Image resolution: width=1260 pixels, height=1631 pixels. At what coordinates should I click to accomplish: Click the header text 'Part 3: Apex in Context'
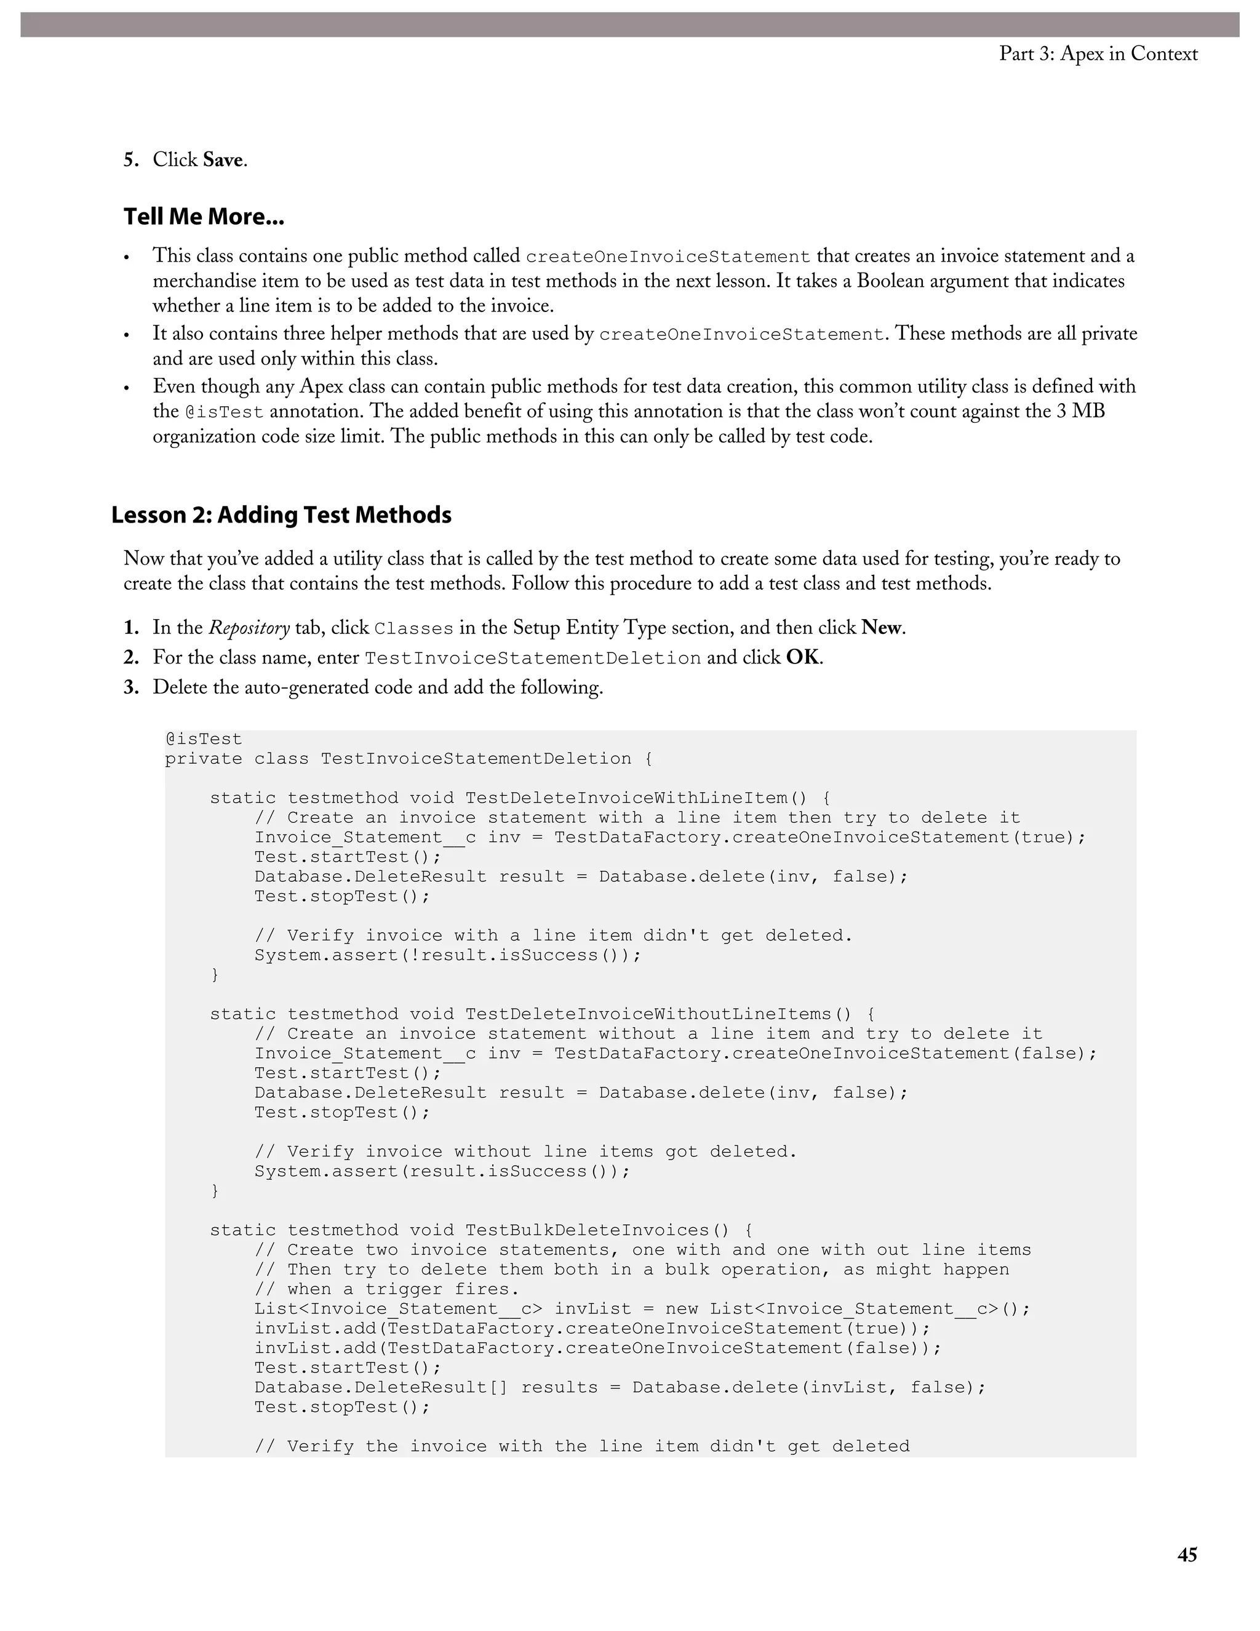click(x=1098, y=54)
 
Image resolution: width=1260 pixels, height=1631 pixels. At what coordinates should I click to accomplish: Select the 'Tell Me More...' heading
click(x=204, y=217)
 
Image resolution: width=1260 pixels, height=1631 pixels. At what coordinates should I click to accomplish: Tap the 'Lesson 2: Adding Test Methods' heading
click(x=281, y=515)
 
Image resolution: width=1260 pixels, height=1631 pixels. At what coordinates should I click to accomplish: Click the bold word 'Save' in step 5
click(x=223, y=160)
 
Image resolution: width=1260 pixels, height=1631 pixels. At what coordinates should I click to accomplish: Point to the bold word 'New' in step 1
click(x=881, y=627)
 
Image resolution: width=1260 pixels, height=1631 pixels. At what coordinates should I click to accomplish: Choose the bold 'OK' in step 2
click(x=802, y=657)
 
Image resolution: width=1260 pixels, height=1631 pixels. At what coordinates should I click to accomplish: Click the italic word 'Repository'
click(x=249, y=628)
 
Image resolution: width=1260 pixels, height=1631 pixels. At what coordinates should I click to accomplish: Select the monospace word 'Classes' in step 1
click(x=413, y=629)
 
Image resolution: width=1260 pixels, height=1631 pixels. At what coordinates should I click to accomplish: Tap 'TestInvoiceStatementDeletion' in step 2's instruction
click(x=532, y=659)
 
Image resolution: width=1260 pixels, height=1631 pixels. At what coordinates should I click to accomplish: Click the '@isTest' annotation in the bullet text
click(x=224, y=412)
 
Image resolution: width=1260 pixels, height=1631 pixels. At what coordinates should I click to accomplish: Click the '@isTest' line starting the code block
click(x=204, y=739)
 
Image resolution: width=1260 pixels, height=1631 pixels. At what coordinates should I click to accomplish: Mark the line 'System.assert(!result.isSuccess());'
click(x=448, y=955)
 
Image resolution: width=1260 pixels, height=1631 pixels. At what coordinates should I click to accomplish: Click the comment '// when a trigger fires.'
click(x=386, y=1289)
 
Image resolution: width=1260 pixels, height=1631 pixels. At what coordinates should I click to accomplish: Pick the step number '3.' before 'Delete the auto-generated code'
click(x=132, y=687)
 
